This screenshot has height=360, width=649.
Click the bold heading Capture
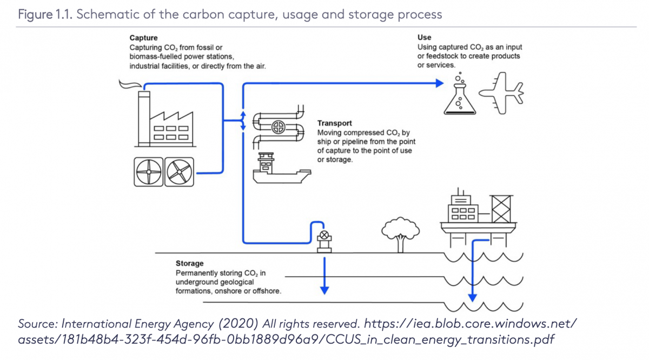pyautogui.click(x=143, y=38)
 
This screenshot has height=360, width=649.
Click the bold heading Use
pyautogui.click(x=424, y=37)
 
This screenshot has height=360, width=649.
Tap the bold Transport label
pyautogui.click(x=334, y=124)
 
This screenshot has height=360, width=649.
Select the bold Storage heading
pyautogui.click(x=189, y=264)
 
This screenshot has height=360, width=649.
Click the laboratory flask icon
pyautogui.click(x=459, y=98)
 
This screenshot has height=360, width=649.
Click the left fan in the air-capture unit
pyautogui.click(x=148, y=172)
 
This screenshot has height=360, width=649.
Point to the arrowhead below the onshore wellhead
pyautogui.click(x=324, y=290)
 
